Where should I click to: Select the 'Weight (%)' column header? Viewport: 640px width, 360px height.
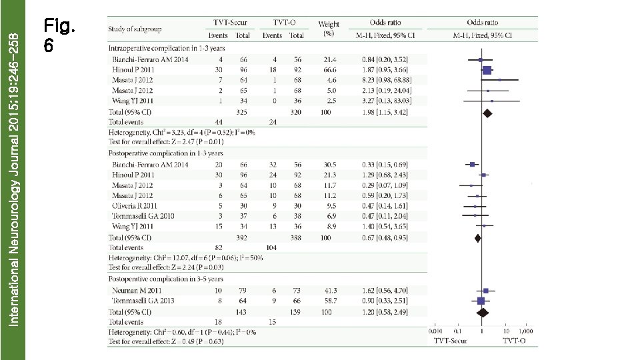click(x=329, y=29)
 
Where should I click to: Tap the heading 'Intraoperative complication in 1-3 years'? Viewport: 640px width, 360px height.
click(x=166, y=48)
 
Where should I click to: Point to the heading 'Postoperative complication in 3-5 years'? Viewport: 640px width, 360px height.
click(x=166, y=279)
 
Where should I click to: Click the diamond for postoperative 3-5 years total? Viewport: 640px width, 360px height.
click(x=483, y=311)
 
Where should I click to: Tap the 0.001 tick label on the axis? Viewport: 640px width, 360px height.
click(x=436, y=331)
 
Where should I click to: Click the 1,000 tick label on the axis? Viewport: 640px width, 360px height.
click(x=527, y=331)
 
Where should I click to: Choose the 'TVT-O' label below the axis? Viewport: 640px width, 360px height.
click(x=515, y=341)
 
